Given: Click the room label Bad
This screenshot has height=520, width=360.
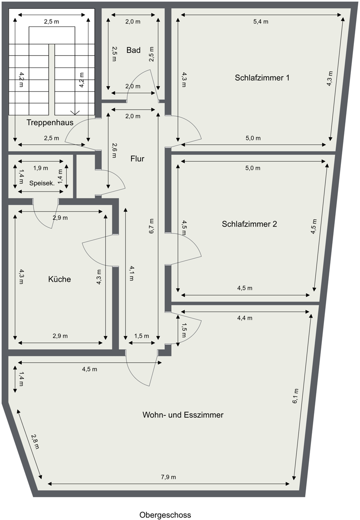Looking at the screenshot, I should point(133,50).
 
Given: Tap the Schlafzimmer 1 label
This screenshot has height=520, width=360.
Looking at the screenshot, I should point(262,78).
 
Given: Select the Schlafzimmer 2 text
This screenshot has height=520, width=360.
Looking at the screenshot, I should point(249,224).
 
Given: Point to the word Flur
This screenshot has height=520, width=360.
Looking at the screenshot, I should point(137,159).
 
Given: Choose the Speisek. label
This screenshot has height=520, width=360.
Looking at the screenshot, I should point(42,183).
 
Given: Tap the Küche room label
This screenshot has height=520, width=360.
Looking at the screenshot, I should point(59,279).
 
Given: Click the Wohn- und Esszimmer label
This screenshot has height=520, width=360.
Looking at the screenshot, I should point(183,415).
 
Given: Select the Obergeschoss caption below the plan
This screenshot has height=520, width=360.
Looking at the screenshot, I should point(165,515).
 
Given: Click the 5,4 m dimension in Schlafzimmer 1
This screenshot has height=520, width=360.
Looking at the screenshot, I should point(261,22).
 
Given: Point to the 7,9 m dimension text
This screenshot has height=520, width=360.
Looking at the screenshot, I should point(168,477).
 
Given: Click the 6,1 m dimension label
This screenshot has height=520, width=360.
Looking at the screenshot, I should point(295,396).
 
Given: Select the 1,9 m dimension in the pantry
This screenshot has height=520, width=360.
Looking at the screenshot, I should point(41,168).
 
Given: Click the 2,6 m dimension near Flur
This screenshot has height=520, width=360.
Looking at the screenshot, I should point(115,149).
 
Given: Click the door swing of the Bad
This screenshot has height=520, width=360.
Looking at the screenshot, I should point(143,82).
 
